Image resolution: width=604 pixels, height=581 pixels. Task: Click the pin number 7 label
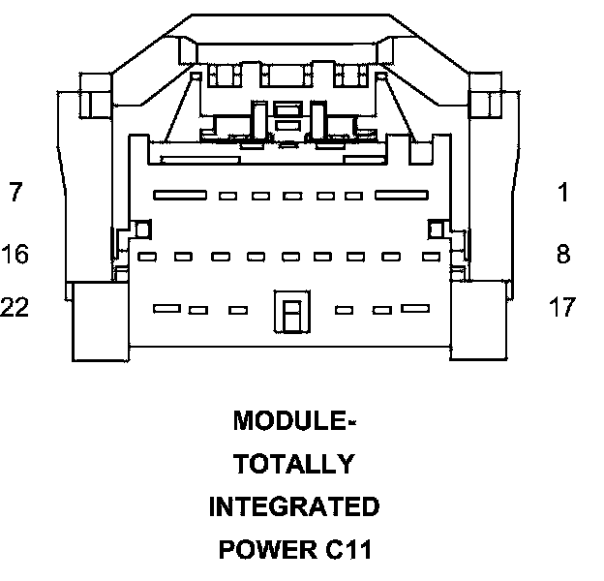pos(15,193)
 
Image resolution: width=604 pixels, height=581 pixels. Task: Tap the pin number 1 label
pos(563,193)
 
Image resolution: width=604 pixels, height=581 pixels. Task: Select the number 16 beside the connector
pos(15,255)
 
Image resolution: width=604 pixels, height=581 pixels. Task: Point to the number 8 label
pos(563,255)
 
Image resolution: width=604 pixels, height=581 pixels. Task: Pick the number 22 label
pos(15,308)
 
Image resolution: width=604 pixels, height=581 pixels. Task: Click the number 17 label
pos(561,308)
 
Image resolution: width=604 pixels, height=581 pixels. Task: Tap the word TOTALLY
pos(293,465)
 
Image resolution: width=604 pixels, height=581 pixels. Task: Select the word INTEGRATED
pos(293,506)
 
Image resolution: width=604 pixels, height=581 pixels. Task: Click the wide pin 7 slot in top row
pos(178,196)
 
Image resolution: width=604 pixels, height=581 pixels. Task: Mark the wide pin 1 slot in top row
pos(402,196)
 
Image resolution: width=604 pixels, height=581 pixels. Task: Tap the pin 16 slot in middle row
pos(146,258)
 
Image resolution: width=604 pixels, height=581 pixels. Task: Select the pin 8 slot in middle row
pos(431,258)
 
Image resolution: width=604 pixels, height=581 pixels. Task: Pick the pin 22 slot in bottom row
pos(167,309)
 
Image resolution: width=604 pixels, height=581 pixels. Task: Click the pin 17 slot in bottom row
pos(415,309)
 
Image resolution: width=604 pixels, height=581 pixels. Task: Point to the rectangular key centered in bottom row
pos(289,312)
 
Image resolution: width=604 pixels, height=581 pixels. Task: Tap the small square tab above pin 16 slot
pos(141,229)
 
